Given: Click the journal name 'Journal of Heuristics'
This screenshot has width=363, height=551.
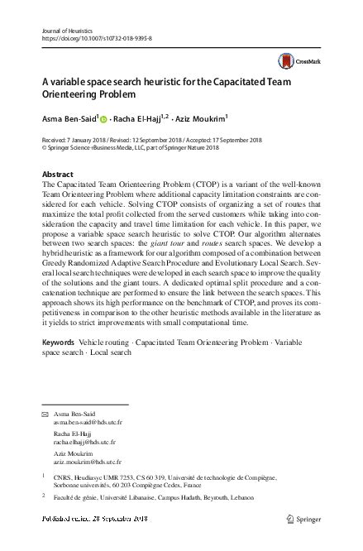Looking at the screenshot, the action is (x=64, y=30).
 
